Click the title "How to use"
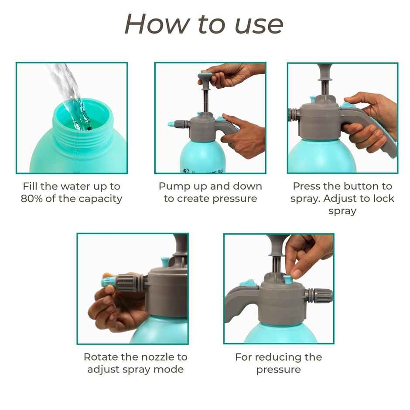[x=204, y=24]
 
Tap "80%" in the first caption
[x=31, y=199]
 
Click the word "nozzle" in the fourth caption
[x=159, y=357]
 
